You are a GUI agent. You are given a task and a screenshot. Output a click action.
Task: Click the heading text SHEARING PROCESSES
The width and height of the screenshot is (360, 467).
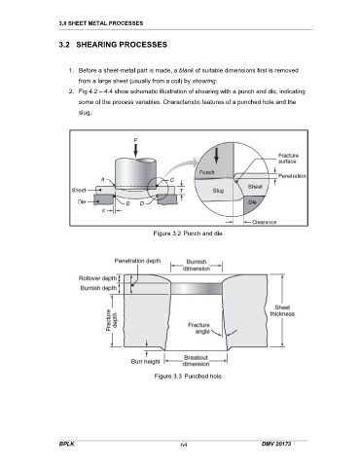click(122, 45)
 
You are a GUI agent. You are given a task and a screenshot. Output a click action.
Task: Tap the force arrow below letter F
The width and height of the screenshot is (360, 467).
click(135, 150)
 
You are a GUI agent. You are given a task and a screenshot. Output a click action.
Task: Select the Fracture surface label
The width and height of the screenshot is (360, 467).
click(287, 159)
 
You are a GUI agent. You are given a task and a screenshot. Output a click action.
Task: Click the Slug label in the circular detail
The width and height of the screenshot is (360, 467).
click(218, 191)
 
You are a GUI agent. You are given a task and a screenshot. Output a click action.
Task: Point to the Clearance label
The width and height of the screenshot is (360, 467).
click(264, 222)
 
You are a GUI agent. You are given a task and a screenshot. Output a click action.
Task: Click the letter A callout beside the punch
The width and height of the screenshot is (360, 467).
click(102, 179)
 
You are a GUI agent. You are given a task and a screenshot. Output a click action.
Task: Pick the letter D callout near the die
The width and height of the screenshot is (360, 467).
click(142, 203)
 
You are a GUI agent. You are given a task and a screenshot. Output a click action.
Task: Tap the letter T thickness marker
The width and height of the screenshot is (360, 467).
click(182, 191)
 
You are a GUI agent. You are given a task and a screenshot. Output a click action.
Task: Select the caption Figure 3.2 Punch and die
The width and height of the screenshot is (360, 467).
click(189, 233)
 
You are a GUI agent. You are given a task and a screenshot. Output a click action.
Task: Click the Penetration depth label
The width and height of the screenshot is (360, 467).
click(137, 261)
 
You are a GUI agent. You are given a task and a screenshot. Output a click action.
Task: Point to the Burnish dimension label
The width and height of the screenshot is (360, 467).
click(197, 265)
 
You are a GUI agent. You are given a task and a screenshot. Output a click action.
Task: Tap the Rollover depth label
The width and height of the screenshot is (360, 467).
click(97, 278)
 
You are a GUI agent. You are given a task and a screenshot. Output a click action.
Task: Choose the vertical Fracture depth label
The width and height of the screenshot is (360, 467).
click(112, 320)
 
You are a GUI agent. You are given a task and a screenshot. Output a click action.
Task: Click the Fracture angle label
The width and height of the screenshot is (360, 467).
click(198, 328)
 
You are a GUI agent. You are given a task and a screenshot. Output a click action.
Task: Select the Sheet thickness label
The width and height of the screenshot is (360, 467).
click(282, 310)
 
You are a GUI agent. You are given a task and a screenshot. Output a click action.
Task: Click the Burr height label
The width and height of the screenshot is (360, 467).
click(145, 361)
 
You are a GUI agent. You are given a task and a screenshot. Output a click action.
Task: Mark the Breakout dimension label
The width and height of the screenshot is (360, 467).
click(196, 361)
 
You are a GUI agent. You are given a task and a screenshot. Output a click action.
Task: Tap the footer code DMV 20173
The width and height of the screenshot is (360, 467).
click(276, 444)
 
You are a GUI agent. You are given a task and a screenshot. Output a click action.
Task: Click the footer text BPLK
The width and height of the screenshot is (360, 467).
click(67, 444)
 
